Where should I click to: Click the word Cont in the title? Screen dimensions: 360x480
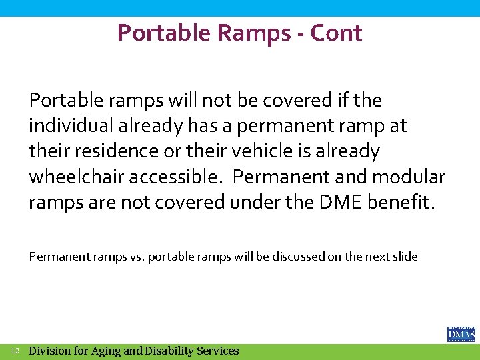point(337,33)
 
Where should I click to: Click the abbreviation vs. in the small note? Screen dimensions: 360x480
point(135,257)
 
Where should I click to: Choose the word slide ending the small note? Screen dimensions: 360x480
point(405,257)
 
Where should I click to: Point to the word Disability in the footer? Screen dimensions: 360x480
point(169,351)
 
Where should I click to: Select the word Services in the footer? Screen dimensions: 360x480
point(217,351)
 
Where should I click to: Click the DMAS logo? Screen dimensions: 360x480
point(461,333)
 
